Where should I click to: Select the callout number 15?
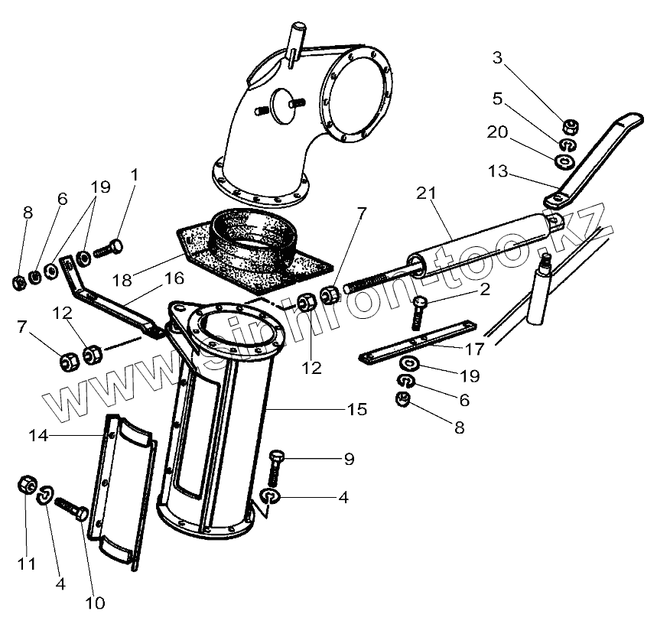(x=356, y=409)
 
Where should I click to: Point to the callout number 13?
(x=498, y=173)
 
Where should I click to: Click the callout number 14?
(x=38, y=435)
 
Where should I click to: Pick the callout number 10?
(x=94, y=603)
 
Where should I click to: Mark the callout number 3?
(x=498, y=57)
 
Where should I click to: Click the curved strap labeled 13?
(x=597, y=157)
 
